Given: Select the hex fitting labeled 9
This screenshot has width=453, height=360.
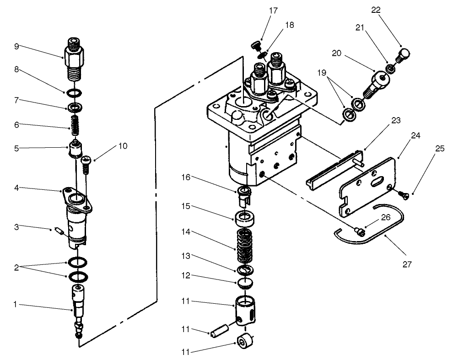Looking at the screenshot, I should [x=74, y=59].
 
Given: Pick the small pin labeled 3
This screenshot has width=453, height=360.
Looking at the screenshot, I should [x=58, y=231].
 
